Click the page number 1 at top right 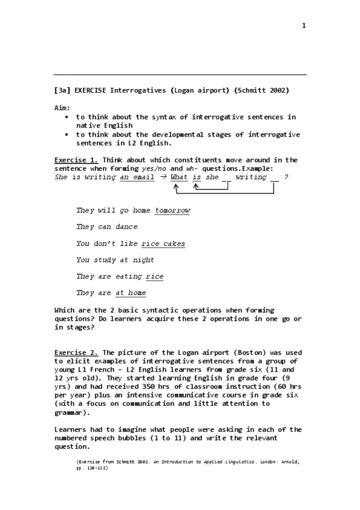coord(304,25)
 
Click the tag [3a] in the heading coord(63,90)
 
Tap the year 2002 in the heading coord(276,90)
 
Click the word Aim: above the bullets coord(63,108)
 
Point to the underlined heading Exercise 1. coord(76,160)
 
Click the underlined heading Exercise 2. coord(76,352)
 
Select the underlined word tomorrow coord(172,210)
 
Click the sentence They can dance coord(107,227)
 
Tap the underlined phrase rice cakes coord(163,244)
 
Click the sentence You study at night coord(115,260)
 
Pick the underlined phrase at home coord(130,293)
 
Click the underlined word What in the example coord(179,177)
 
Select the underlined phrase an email coord(137,177)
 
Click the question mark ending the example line coord(285,177)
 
